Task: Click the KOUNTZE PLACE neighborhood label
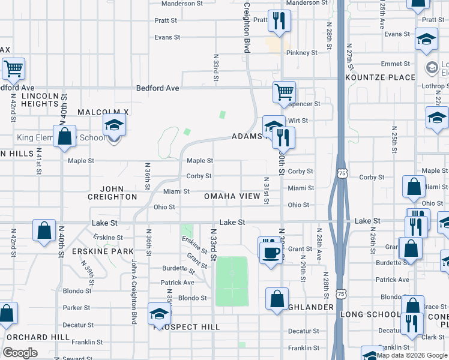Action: (380, 77)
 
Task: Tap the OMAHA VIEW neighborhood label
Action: (232, 197)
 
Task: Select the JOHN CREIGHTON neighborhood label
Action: (112, 193)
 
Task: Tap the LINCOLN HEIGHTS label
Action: (40, 100)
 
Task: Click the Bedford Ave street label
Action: (158, 88)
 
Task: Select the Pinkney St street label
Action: (301, 53)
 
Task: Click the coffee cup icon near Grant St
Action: (270, 248)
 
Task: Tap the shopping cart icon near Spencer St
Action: (285, 92)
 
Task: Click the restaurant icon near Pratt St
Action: (279, 21)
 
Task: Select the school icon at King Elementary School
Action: (113, 125)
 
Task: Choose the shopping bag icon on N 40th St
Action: (64, 136)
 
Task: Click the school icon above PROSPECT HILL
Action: (159, 314)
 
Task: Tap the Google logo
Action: (20, 353)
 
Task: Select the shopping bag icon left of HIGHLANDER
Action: (277, 298)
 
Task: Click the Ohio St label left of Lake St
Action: (164, 207)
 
